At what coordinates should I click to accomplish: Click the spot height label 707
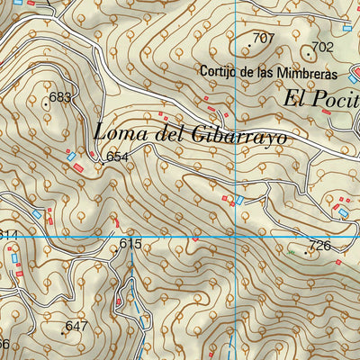[263, 38]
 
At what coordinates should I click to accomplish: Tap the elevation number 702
[321, 47]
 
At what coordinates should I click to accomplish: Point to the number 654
[117, 157]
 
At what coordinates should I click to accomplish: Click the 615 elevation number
[130, 244]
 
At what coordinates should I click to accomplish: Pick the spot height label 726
[319, 246]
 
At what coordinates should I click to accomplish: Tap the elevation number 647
[76, 326]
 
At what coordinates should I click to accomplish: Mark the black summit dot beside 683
[46, 103]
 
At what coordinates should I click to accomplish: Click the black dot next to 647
[62, 333]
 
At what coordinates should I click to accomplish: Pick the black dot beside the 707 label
[249, 44]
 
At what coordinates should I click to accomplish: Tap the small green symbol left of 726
[291, 253]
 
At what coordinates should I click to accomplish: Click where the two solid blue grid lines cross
[236, 236]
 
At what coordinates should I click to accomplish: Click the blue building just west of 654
[71, 157]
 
